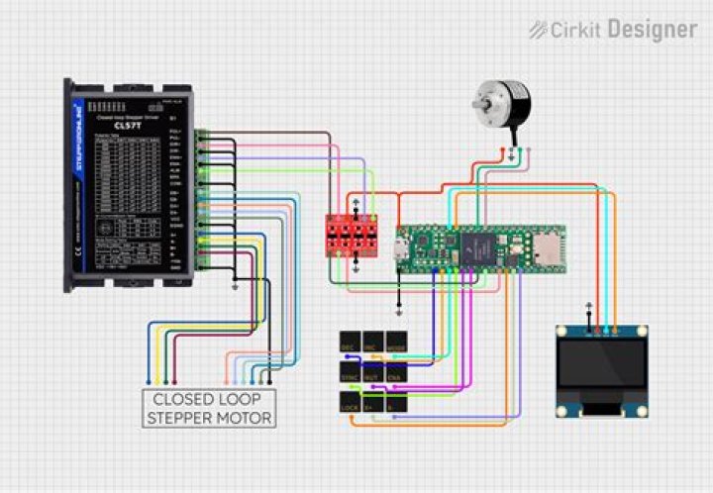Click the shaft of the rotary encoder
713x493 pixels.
click(x=478, y=102)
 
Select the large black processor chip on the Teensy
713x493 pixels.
click(x=464, y=243)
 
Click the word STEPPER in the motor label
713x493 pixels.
click(x=180, y=418)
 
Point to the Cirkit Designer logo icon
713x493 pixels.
click(x=539, y=30)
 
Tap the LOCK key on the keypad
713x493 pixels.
click(x=349, y=406)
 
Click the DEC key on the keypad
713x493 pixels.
click(x=349, y=344)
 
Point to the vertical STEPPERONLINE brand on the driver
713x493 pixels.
click(x=79, y=139)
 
